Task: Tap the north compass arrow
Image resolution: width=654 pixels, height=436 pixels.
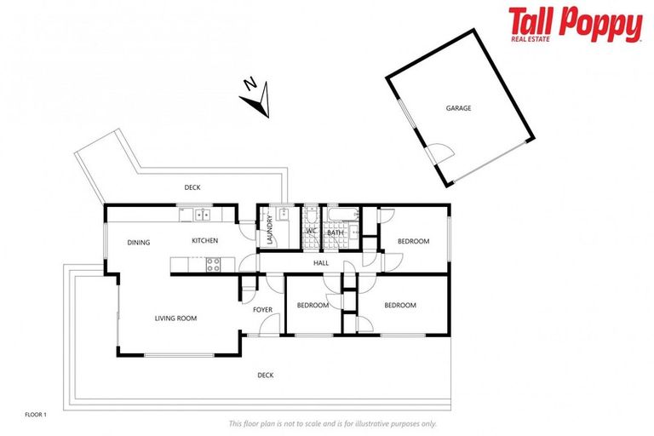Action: [x=255, y=97]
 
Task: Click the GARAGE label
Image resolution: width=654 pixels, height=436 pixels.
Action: [x=458, y=108]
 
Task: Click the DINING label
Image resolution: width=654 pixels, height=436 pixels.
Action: [x=139, y=243]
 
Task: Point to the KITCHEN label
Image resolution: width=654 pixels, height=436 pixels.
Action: [x=204, y=240]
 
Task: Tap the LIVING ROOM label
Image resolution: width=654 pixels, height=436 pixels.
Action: [x=175, y=318]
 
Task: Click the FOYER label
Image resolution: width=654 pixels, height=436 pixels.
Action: [x=262, y=309]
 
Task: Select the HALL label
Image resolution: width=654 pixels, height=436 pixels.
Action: [x=321, y=263]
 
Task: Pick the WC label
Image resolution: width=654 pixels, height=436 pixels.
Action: [x=311, y=232]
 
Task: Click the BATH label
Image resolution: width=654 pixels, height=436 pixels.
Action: [x=335, y=232]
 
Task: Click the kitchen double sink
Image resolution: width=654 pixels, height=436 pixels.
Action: [x=202, y=214]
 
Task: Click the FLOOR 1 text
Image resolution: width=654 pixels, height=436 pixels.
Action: [x=35, y=415]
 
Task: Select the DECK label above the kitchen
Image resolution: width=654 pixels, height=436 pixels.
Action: [x=192, y=187]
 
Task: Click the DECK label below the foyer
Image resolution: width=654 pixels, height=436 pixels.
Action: [x=266, y=375]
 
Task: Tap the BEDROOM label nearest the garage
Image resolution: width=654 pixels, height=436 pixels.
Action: [x=413, y=241]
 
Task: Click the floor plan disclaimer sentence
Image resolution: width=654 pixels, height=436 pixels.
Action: [x=332, y=423]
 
